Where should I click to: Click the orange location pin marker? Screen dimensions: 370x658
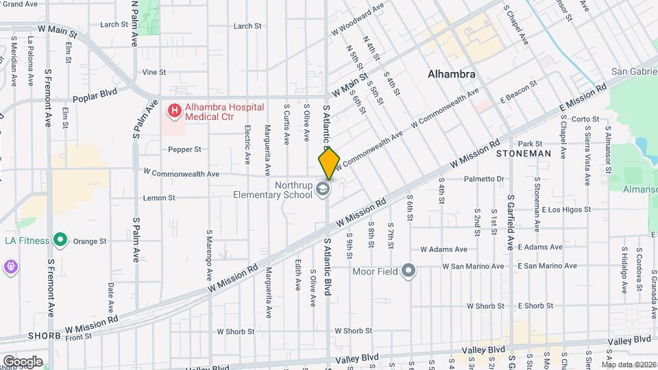coord(329,163)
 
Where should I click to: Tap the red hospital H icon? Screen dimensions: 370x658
coord(175,110)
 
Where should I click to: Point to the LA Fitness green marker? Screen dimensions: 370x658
coord(60,240)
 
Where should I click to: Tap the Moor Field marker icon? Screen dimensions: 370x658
coord(409,271)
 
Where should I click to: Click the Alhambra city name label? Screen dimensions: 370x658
coord(452,74)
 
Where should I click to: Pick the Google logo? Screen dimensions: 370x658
coord(23,362)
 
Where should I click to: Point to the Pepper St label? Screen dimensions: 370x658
coord(184,149)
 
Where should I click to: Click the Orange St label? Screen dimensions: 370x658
coord(90,241)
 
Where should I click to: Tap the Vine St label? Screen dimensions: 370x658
coord(154,72)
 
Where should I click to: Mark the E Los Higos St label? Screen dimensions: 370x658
coord(566,210)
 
